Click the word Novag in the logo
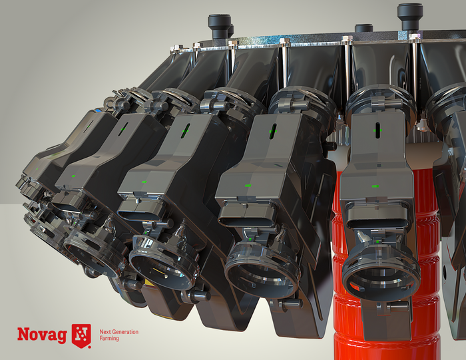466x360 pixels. point(42,335)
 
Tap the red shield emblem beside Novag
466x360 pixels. point(81,335)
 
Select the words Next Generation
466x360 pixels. point(119,332)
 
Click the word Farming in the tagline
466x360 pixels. point(109,339)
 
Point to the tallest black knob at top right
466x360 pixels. point(410,17)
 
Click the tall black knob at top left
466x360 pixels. point(220,26)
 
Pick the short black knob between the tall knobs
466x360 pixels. point(363,29)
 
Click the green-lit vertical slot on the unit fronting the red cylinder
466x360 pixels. point(377,130)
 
